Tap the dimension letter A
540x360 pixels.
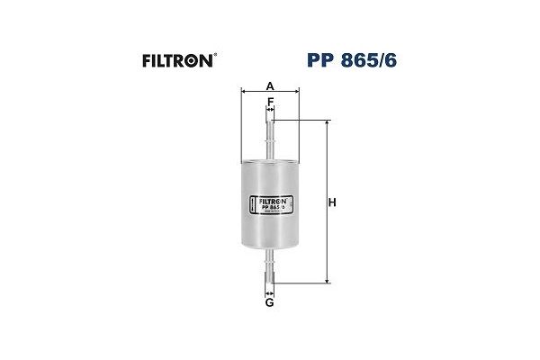pos(270,85)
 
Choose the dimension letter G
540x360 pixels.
pos(270,302)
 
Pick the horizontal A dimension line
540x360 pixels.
pos(270,92)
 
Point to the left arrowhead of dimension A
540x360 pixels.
pos(244,92)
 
